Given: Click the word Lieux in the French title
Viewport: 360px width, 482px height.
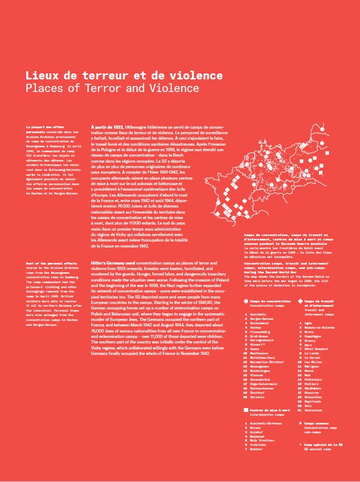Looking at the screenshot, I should pos(41,76).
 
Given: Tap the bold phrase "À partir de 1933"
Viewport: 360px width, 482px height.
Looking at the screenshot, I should pos(108,127).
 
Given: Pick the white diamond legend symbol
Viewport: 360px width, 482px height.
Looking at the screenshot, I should pos(300,301).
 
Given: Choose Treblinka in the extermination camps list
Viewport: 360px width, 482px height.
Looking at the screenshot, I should pos(259,445).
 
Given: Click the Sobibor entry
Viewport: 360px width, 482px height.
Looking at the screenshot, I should pos(258,449).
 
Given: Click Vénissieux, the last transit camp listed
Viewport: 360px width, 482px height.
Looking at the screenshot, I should pos(315,410).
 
